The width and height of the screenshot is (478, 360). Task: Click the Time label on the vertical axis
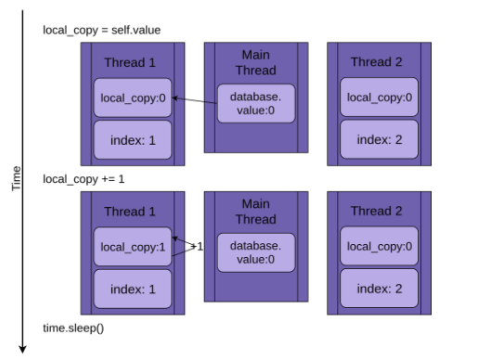coord(17,178)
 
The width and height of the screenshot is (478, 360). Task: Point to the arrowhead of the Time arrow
coord(22,350)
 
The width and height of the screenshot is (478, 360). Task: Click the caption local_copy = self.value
coord(101,31)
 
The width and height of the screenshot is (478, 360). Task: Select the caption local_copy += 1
coord(84,179)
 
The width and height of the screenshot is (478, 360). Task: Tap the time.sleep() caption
coord(73,328)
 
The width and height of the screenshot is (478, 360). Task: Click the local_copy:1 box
coord(133,247)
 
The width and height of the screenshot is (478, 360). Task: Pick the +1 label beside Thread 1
coord(198,247)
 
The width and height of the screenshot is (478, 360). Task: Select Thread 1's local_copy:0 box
coord(133,97)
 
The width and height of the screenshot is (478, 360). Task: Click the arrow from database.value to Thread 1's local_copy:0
coord(195,100)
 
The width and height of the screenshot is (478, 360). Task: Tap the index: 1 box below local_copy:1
coord(133,289)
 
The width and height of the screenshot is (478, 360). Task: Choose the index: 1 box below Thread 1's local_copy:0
coord(133,140)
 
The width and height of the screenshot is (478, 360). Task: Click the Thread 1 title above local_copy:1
coord(130,212)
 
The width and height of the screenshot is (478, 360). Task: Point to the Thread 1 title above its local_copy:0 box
coord(130,62)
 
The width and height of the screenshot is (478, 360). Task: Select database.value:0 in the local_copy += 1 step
coord(256,252)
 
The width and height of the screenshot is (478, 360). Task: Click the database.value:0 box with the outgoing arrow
coord(256,104)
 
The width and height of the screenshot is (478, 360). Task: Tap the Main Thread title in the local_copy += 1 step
coord(256,212)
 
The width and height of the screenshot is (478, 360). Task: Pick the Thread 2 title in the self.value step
coord(377,62)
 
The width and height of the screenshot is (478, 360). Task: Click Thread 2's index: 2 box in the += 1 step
coord(379,289)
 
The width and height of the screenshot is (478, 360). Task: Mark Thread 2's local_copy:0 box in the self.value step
coord(379,96)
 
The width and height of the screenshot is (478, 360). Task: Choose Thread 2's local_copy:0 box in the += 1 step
coord(379,246)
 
